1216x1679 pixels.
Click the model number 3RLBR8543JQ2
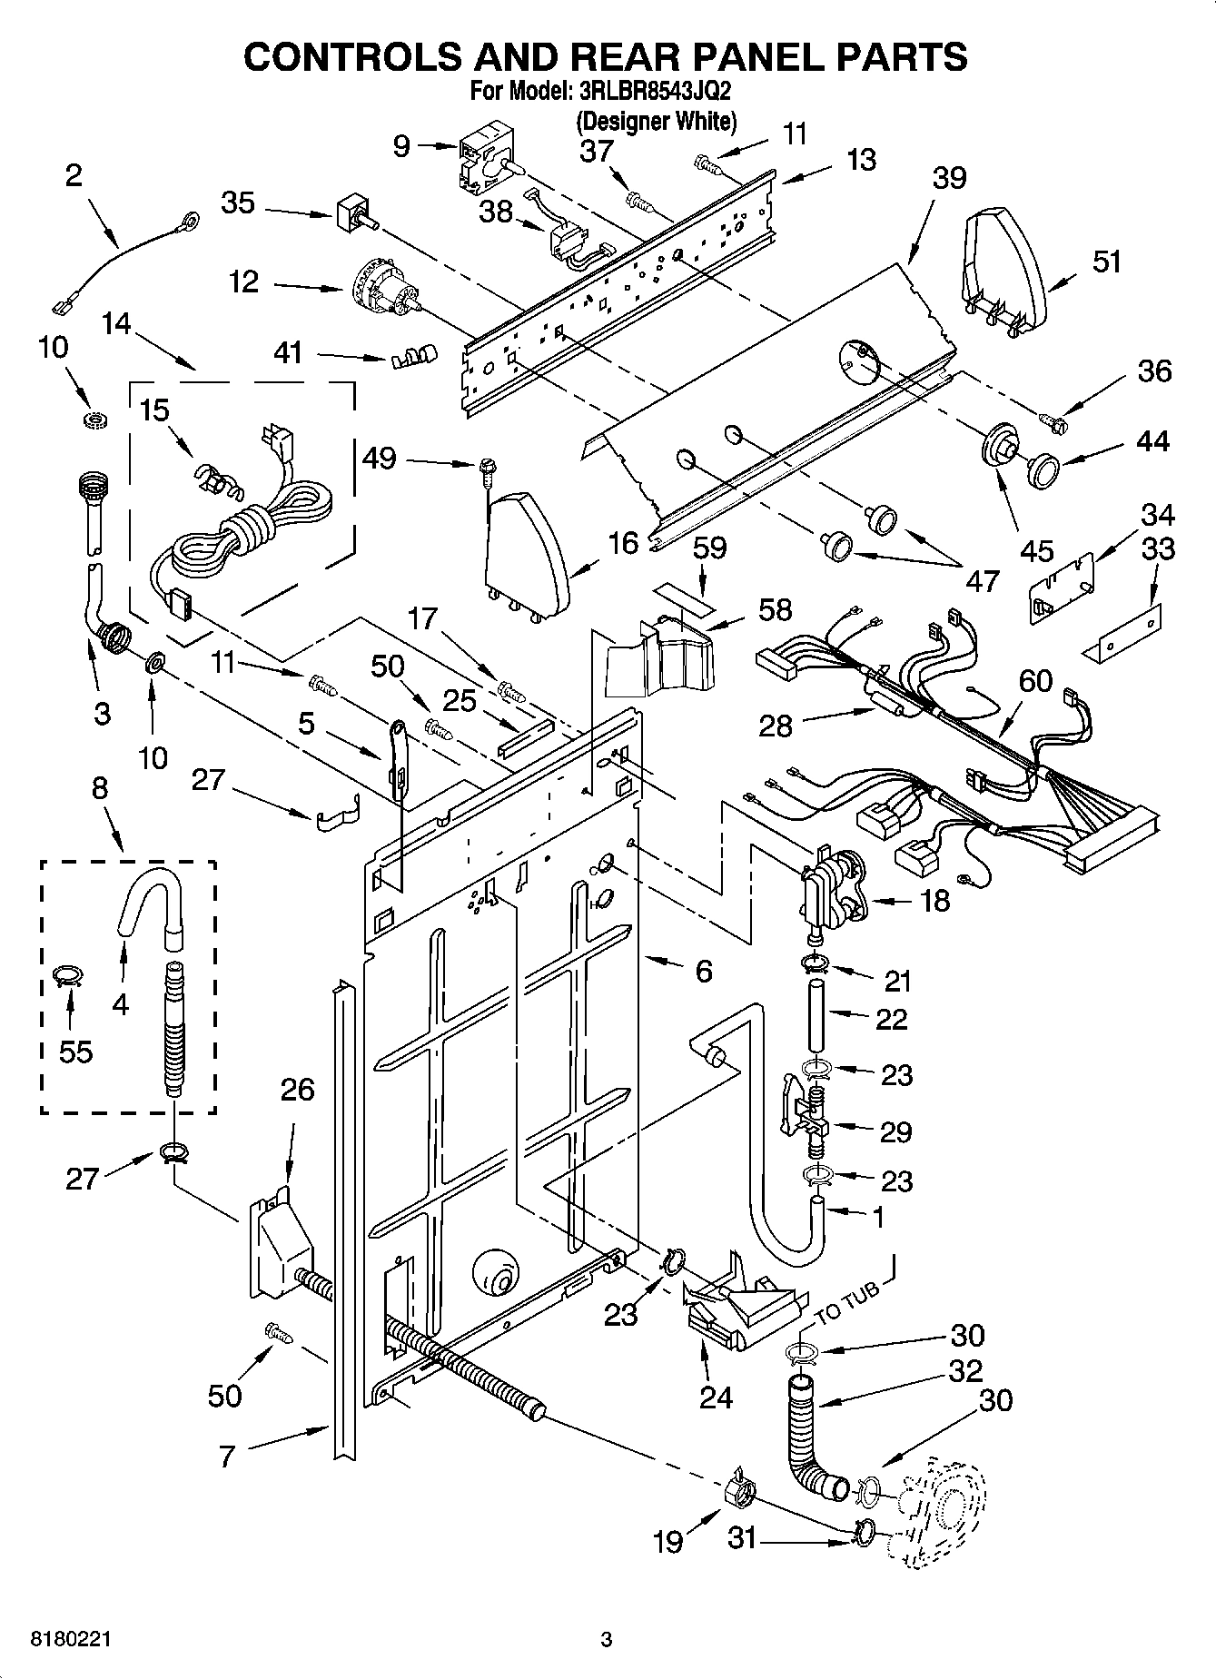click(x=654, y=92)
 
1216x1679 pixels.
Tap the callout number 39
click(x=949, y=178)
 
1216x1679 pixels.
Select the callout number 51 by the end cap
click(x=1106, y=262)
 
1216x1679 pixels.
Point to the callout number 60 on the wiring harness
click(x=1035, y=680)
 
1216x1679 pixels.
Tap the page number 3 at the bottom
click(x=607, y=1639)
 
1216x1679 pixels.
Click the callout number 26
click(x=296, y=1089)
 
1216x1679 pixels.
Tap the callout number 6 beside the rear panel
click(x=704, y=972)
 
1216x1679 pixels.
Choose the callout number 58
click(x=775, y=609)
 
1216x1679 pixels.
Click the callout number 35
click(x=238, y=202)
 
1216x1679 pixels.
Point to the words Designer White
click(x=657, y=120)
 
